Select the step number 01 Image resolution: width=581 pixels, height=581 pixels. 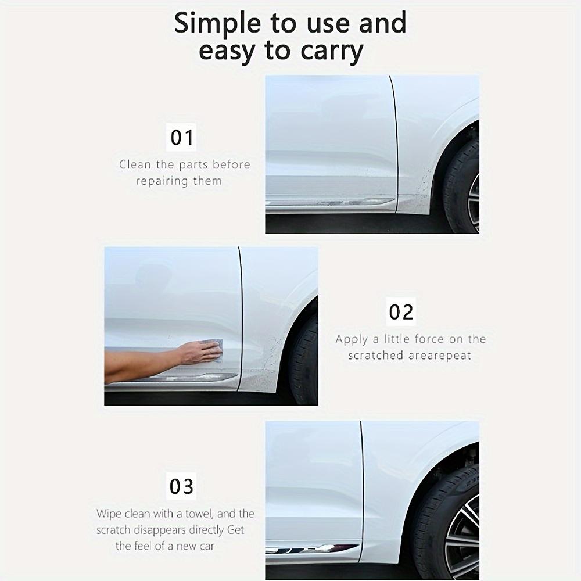(182, 138)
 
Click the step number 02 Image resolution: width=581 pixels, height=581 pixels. (401, 312)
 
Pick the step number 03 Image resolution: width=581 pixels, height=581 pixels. (181, 486)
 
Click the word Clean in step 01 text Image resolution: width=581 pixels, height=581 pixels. (135, 164)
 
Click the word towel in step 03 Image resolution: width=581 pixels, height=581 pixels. (202, 514)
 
